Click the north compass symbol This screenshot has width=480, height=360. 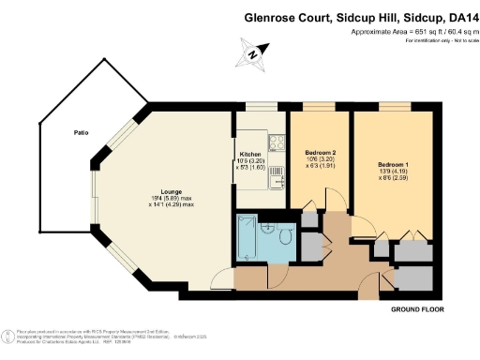[x=253, y=53]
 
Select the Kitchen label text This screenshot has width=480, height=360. [x=249, y=154]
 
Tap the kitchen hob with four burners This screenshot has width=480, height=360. [x=277, y=143]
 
